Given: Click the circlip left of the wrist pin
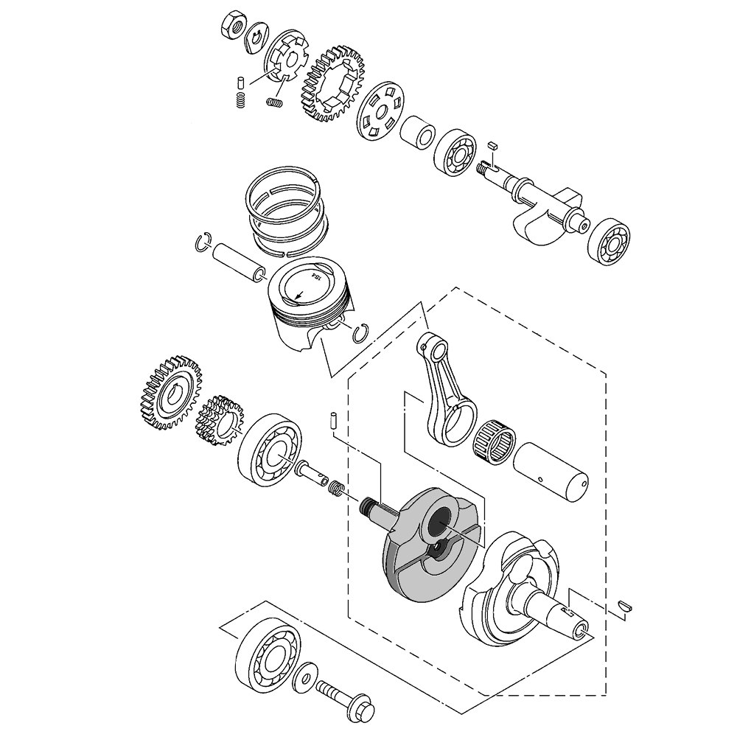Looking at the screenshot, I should click(204, 243).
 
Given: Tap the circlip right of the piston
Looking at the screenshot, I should click(361, 332).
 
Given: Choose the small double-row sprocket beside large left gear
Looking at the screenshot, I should click(219, 424).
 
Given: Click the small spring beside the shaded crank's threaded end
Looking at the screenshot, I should click(336, 488).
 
